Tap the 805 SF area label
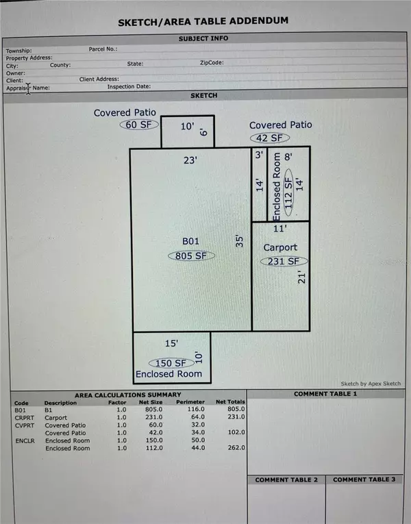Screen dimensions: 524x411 point(192,255)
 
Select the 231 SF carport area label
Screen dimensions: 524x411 point(282,261)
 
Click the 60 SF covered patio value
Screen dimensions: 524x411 point(139,125)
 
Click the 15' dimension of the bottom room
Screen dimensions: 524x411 point(171,342)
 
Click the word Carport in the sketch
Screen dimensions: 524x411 point(281,247)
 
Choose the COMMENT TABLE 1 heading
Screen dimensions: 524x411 point(325,394)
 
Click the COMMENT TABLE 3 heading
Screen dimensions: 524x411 point(364,479)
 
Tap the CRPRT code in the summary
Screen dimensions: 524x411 point(24,416)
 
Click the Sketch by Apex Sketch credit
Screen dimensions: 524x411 point(371,384)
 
